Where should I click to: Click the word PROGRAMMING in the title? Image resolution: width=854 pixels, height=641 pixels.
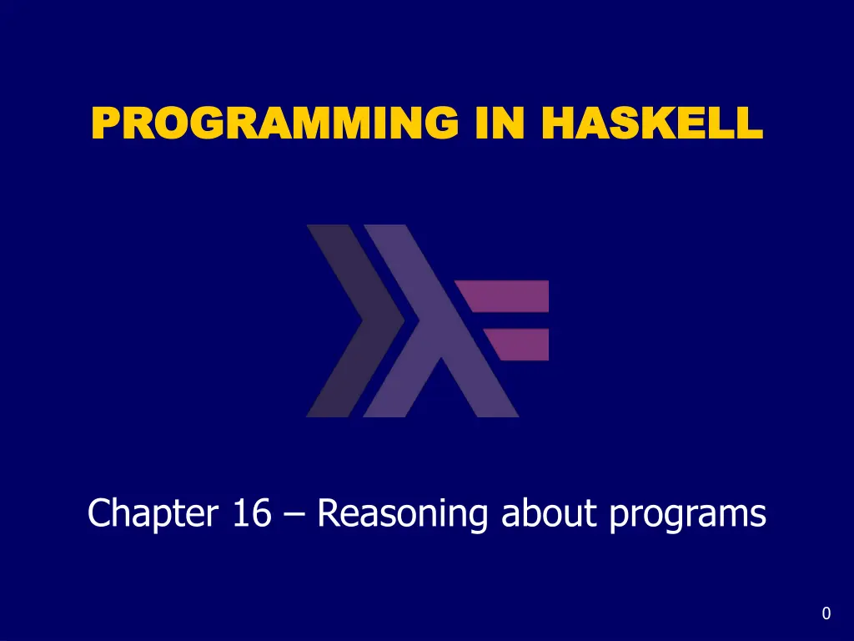tap(275, 123)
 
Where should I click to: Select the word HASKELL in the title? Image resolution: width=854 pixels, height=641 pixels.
tap(652, 123)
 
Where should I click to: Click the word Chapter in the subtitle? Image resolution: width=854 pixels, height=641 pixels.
tap(153, 514)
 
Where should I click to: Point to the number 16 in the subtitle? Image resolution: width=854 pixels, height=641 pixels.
tap(252, 512)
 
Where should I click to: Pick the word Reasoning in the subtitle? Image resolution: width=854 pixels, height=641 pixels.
tap(402, 514)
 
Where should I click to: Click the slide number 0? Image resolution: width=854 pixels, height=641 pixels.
tap(826, 613)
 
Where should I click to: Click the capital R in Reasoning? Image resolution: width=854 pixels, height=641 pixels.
tap(330, 512)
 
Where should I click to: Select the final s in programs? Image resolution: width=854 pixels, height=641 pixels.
tap(758, 516)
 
